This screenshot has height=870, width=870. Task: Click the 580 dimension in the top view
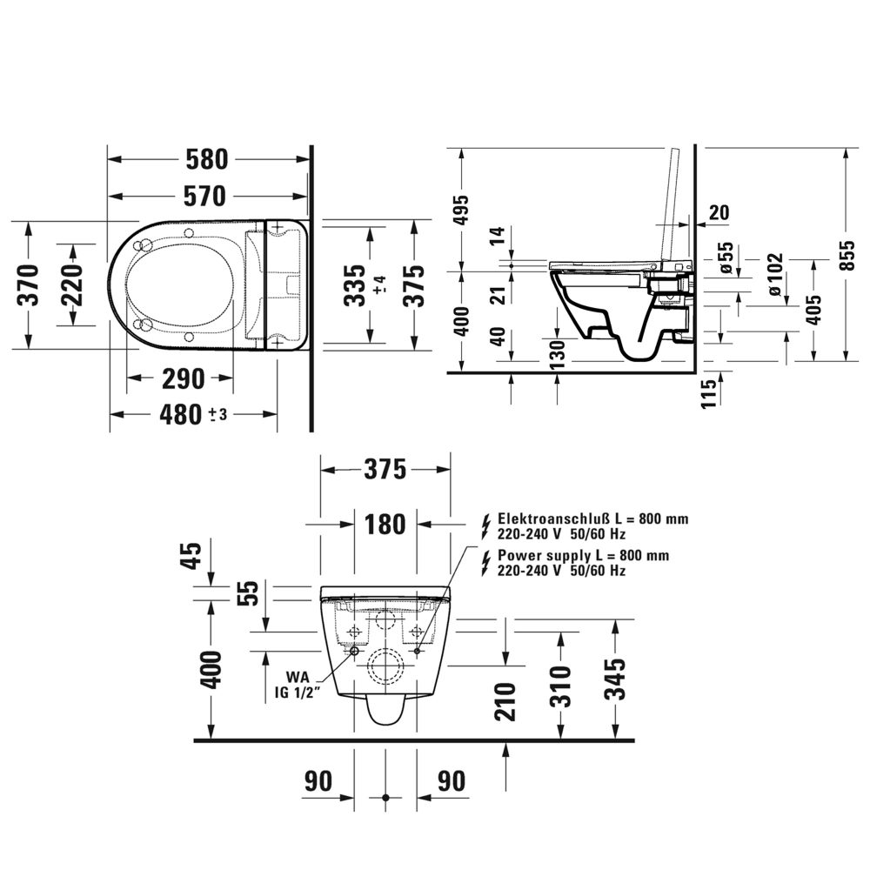point(207,160)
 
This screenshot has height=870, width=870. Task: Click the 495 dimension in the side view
point(461,210)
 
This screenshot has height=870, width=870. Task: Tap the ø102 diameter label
point(775,274)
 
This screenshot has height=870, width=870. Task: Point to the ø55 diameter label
point(727,258)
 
